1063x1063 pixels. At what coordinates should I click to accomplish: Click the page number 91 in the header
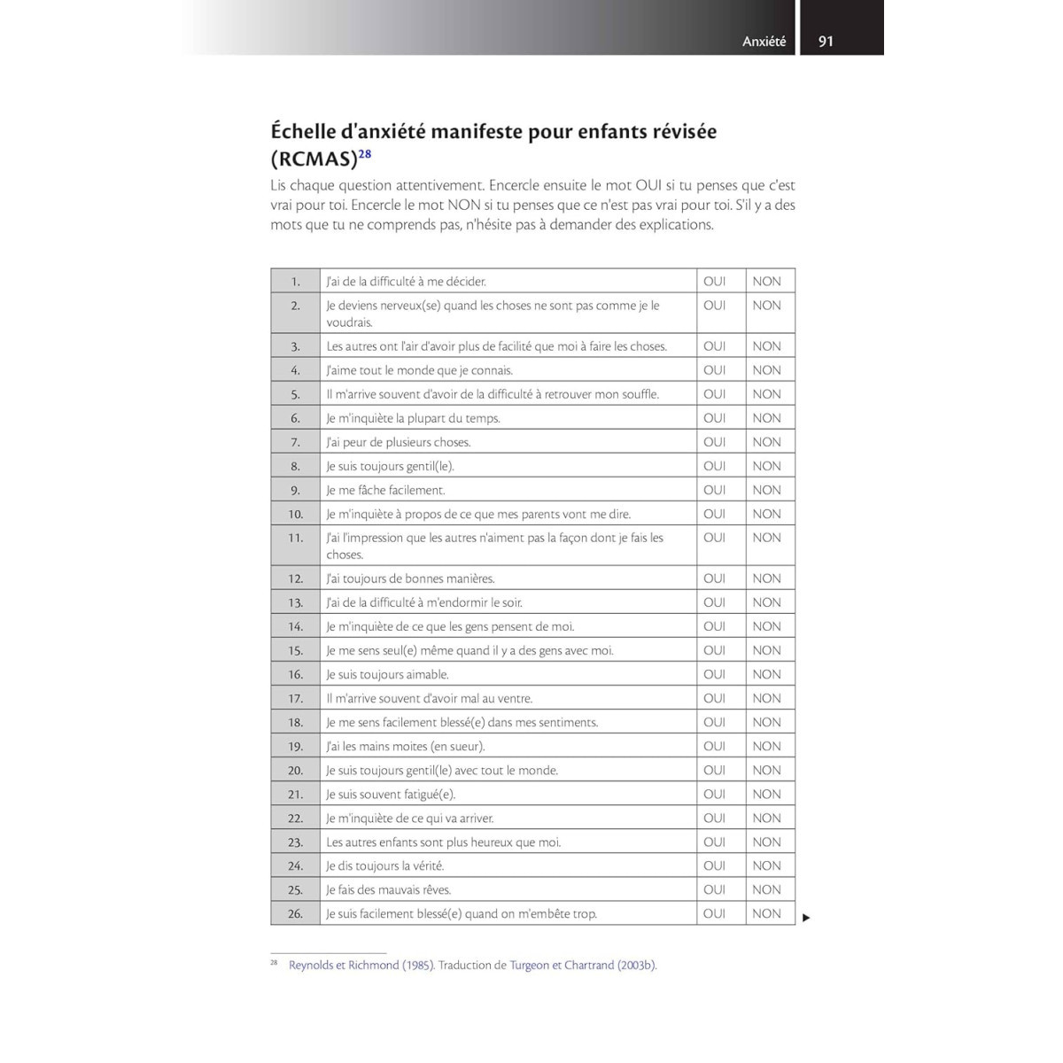click(826, 41)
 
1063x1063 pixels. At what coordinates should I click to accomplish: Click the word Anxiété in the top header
click(764, 42)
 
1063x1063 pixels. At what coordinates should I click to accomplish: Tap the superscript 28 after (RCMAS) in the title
click(365, 154)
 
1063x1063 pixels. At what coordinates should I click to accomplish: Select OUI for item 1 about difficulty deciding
click(714, 282)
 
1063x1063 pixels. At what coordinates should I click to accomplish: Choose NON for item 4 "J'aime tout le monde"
click(766, 370)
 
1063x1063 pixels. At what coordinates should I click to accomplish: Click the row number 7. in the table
click(296, 442)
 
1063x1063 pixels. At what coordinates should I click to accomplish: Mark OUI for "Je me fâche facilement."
click(714, 490)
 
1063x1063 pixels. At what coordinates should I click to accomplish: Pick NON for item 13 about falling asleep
click(766, 602)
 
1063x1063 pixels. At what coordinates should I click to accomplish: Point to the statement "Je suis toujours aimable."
click(387, 674)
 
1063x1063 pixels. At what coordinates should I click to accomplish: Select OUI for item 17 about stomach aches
click(714, 698)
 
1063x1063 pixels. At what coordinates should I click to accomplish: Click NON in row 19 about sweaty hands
click(766, 746)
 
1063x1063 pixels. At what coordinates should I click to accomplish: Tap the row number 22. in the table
click(295, 819)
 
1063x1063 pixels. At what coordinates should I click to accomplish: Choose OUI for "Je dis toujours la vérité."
click(714, 865)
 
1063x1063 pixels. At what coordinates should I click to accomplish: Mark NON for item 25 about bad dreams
click(766, 889)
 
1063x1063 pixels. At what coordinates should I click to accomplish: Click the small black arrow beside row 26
click(806, 918)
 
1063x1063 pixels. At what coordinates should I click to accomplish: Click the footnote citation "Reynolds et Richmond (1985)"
click(361, 965)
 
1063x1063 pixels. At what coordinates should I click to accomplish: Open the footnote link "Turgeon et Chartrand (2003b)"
click(583, 965)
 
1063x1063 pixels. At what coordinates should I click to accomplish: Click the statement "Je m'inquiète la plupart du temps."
click(413, 418)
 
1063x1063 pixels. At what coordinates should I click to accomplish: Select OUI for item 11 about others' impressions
click(714, 538)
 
